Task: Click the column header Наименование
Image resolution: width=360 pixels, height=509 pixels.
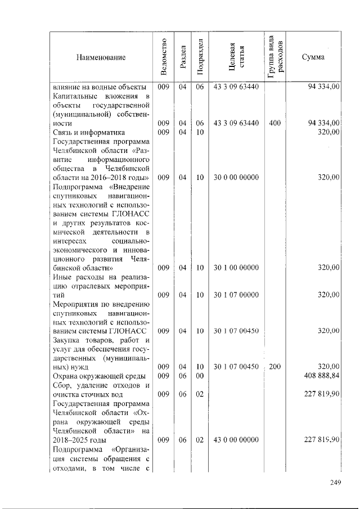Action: click(x=102, y=57)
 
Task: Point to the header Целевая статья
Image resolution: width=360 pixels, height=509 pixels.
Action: click(x=236, y=57)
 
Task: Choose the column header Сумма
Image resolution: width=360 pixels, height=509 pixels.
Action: click(x=313, y=57)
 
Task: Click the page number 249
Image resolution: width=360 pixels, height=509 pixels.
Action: click(x=336, y=481)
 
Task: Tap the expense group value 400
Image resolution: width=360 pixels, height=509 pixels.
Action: click(x=275, y=123)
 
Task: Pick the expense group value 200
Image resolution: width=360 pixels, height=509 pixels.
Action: click(x=275, y=367)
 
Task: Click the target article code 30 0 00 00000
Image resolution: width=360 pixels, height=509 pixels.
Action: click(x=236, y=177)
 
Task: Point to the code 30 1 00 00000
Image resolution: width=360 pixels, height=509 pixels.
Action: click(x=236, y=267)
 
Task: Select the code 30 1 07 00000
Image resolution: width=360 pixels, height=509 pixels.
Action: click(x=236, y=294)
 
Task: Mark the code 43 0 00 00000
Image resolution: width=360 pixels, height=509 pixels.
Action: click(x=236, y=439)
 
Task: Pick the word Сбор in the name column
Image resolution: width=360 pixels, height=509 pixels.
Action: click(x=61, y=385)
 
